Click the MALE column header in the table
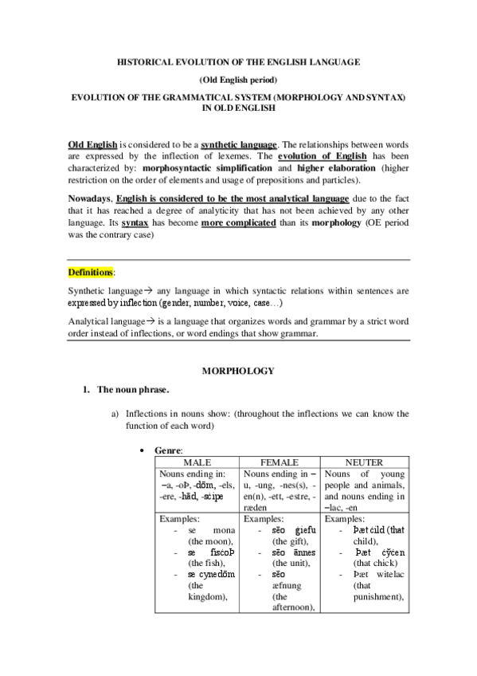[197, 462]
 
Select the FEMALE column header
[280, 462]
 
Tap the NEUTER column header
[365, 462]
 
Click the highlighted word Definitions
[90, 273]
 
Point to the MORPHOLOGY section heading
[238, 371]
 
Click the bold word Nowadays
[90, 197]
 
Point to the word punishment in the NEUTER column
[377, 596]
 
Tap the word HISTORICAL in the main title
[147, 61]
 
